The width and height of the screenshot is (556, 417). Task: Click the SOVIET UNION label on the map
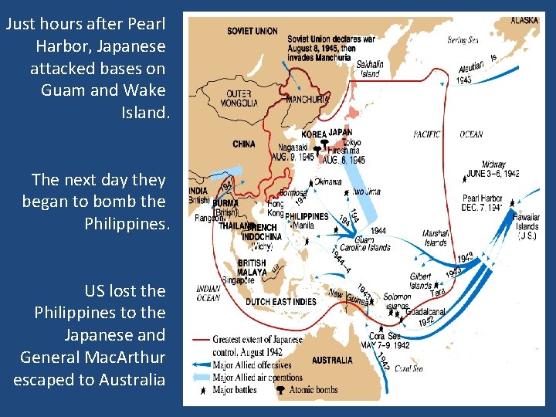[253, 32]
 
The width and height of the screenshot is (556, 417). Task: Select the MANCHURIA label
[308, 99]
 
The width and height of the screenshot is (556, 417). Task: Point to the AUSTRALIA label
[332, 361]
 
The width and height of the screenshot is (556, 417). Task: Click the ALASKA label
[524, 20]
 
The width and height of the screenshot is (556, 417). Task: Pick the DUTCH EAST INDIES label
[281, 302]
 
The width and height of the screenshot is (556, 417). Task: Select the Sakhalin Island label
[369, 70]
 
